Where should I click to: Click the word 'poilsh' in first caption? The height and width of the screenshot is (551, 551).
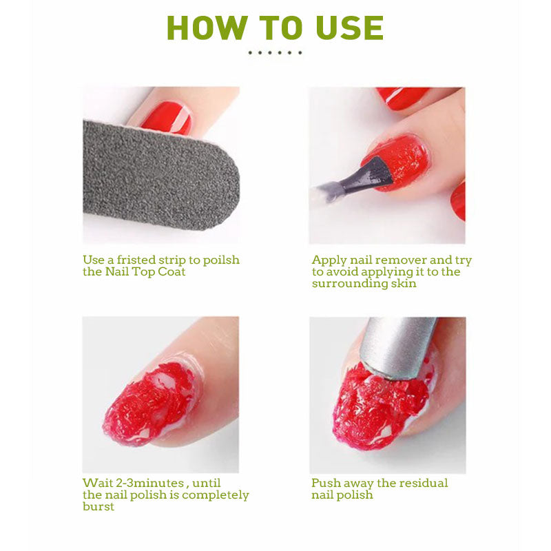point(220,260)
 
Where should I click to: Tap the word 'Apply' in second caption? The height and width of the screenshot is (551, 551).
point(329,260)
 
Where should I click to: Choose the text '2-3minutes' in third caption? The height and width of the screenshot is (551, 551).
point(145,484)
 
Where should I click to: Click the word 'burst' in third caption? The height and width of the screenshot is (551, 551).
point(98,506)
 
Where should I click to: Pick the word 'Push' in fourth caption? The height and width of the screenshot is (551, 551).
point(326,484)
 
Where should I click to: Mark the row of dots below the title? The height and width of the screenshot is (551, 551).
point(275,52)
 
